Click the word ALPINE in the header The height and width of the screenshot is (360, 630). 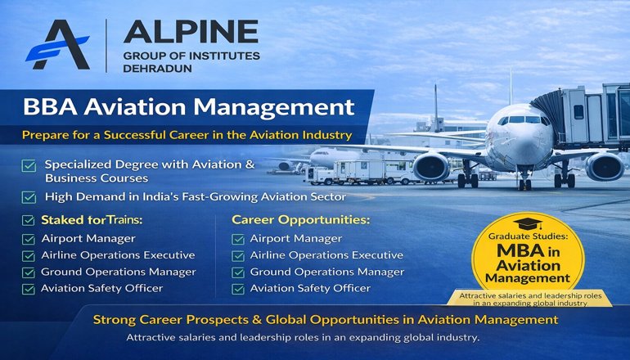[x=191, y=31]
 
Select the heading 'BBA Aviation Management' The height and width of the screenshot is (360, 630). [x=188, y=106]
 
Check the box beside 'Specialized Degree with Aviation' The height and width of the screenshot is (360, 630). [x=29, y=166]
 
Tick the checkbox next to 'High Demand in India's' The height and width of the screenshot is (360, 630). [x=29, y=196]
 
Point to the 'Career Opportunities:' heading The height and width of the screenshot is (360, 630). [x=300, y=220]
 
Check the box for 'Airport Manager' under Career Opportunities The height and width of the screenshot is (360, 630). [x=238, y=239]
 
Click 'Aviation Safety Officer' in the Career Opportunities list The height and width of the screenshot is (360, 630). [x=310, y=288]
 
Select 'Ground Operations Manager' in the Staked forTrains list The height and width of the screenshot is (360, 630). [x=119, y=272]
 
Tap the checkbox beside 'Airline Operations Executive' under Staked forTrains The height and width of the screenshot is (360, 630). [x=29, y=255]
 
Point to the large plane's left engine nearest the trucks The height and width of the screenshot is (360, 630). [x=430, y=166]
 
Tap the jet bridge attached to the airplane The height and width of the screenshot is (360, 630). [x=577, y=106]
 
